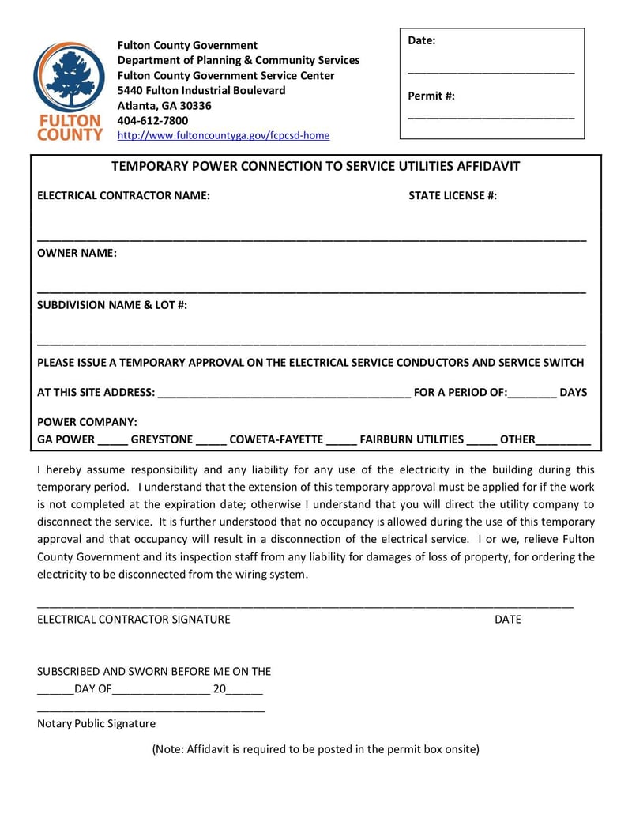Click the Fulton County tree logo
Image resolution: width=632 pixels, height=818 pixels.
[x=69, y=78]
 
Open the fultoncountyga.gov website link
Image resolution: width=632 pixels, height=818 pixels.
[x=223, y=135]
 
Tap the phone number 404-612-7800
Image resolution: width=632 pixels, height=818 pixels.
[x=152, y=120]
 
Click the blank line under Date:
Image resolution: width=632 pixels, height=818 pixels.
[x=491, y=72]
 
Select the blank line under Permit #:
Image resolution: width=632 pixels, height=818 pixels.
[x=491, y=118]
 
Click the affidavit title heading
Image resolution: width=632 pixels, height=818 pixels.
[x=315, y=166]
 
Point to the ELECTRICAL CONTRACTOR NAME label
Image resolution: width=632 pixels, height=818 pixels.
[x=123, y=196]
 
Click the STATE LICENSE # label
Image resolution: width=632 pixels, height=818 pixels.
[x=453, y=196]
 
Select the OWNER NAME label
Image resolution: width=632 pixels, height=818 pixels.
[x=77, y=253]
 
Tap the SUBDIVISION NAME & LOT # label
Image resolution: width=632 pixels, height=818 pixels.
[x=112, y=305]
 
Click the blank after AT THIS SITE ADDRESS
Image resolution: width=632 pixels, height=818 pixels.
[x=284, y=393]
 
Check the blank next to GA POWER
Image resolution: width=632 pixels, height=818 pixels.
[x=112, y=440]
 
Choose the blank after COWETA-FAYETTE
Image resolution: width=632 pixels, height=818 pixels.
[x=341, y=440]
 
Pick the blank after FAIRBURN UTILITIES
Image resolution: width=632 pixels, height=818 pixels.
[x=481, y=440]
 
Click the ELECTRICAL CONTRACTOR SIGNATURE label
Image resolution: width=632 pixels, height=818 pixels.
[x=134, y=619]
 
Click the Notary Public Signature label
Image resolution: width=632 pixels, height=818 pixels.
[x=96, y=723]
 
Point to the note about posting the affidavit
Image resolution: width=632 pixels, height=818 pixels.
[x=315, y=748]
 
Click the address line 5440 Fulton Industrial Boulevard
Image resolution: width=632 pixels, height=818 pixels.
[x=201, y=90]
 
